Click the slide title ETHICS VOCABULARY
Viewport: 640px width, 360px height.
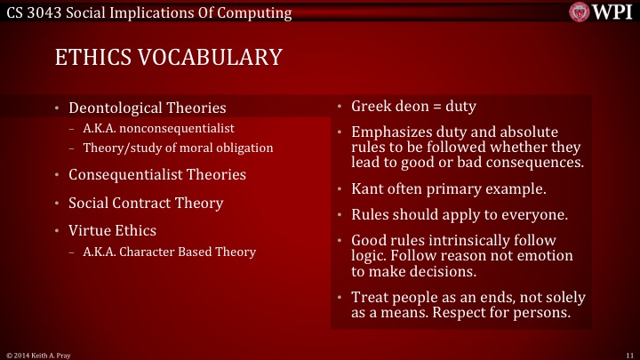pos(168,58)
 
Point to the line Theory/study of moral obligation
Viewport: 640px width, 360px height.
pos(178,148)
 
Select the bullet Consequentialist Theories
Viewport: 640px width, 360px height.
pos(157,174)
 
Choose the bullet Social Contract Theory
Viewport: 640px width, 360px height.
pos(146,203)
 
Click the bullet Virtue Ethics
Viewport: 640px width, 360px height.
pos(111,230)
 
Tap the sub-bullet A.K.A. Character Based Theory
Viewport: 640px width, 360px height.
pos(169,252)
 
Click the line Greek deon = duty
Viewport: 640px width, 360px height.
pos(413,107)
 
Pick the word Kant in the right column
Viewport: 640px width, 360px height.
pos(368,189)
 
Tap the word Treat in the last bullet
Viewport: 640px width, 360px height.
pos(369,299)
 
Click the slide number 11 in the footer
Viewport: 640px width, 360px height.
pos(628,354)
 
